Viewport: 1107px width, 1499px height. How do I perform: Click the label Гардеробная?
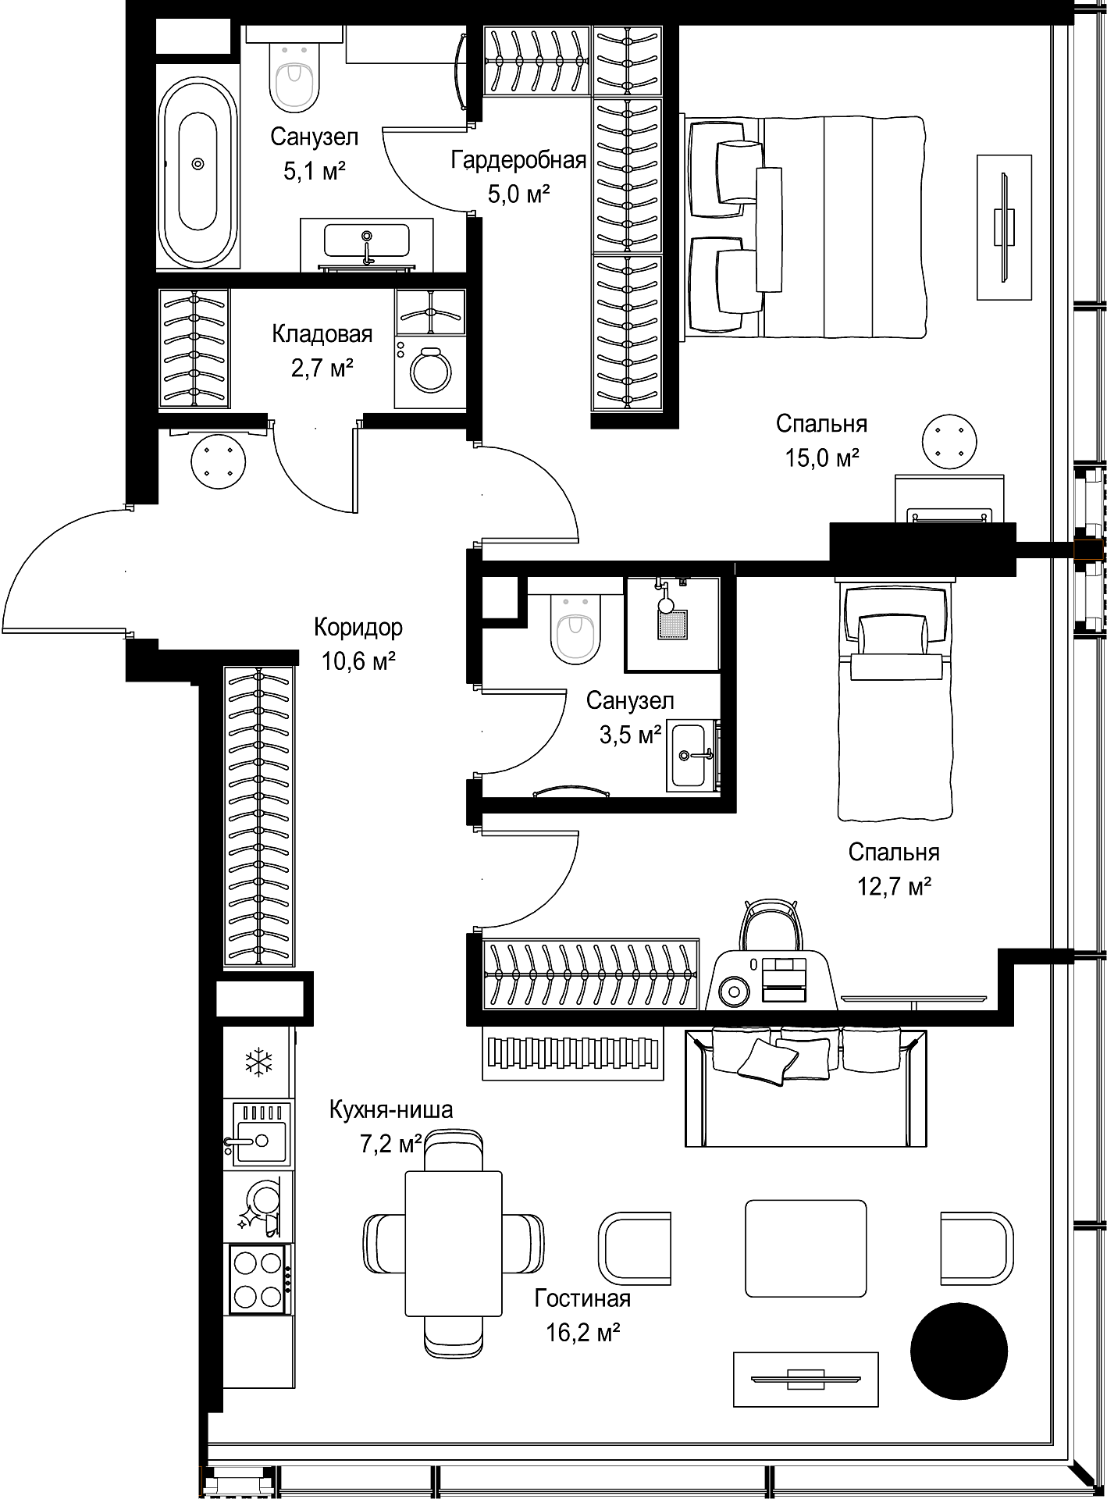[x=518, y=161]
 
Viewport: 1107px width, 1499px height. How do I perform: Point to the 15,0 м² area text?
[x=822, y=458]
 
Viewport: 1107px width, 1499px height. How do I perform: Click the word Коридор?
[x=358, y=627]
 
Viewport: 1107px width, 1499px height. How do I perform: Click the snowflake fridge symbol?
[x=258, y=1062]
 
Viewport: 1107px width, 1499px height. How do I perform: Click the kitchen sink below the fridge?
[x=258, y=1134]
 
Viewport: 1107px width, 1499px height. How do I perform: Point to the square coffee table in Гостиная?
[x=806, y=1248]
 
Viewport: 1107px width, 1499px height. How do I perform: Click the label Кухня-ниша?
[x=391, y=1109]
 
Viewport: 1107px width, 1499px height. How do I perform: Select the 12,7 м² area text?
[x=895, y=887]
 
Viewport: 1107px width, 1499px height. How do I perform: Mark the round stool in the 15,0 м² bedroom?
[x=949, y=442]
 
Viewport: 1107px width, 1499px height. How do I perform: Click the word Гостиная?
[x=582, y=1298]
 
